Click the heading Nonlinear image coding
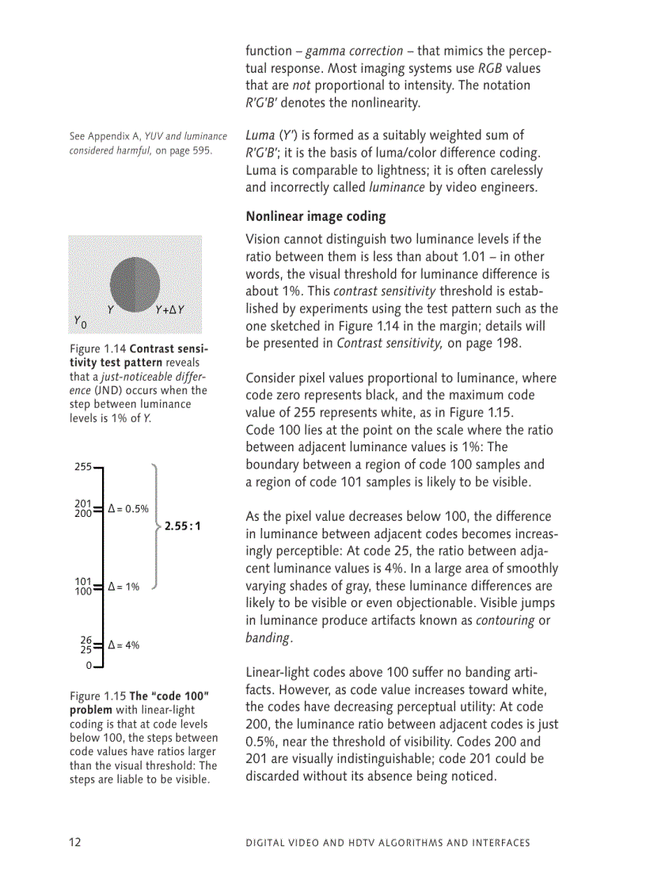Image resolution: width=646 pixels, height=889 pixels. (316, 216)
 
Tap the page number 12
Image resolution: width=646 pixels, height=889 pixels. (74, 842)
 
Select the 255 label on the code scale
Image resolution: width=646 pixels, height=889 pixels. (83, 467)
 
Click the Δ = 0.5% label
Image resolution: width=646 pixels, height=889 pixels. (128, 509)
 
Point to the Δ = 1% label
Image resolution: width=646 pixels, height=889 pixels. (123, 587)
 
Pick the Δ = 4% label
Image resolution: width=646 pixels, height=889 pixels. (123, 645)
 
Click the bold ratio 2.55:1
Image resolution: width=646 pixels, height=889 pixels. (183, 525)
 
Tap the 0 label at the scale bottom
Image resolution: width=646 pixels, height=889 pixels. (89, 665)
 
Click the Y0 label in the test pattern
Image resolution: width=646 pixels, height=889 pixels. (80, 321)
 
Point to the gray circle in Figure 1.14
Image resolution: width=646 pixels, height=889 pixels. (135, 283)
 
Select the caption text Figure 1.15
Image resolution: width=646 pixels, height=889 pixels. (98, 696)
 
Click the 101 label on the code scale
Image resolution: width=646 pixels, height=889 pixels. (83, 582)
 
